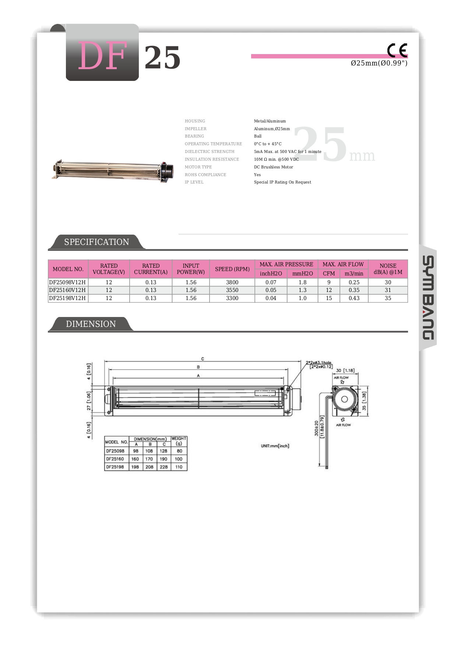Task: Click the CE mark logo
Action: [397, 50]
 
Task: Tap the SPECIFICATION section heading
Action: [96, 242]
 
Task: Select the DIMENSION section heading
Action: [91, 324]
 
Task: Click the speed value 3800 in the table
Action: [232, 282]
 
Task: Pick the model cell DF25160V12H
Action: [67, 290]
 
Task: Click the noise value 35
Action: [388, 298]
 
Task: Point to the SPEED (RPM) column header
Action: [232, 269]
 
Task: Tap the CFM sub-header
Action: [329, 274]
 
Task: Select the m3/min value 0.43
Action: [354, 298]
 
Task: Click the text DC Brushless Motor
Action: [274, 167]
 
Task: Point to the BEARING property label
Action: [194, 136]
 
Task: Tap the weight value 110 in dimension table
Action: [179, 467]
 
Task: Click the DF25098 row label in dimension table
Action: [115, 451]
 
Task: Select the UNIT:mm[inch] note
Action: [275, 446]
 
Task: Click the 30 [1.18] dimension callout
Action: [345, 371]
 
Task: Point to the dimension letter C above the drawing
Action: [203, 359]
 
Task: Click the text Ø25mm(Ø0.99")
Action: [379, 63]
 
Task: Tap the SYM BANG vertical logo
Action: [428, 297]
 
